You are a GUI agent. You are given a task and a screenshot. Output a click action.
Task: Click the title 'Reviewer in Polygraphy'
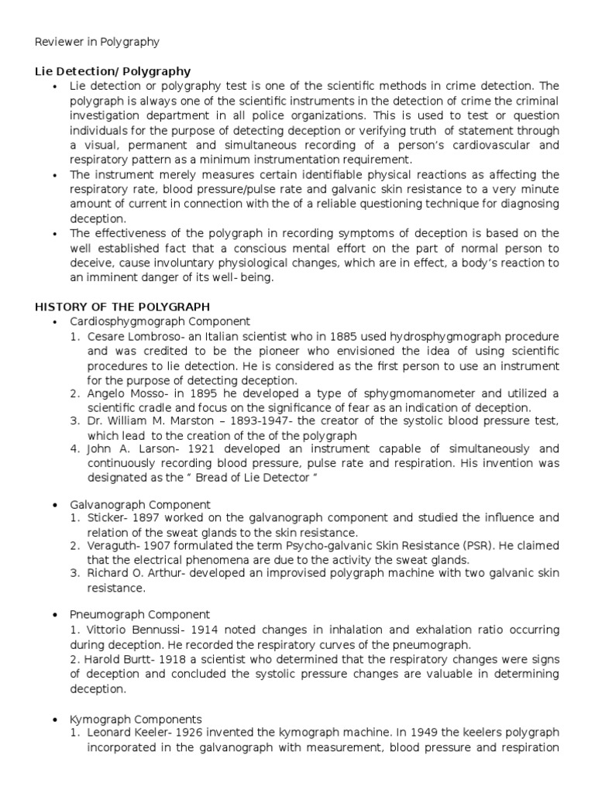[98, 42]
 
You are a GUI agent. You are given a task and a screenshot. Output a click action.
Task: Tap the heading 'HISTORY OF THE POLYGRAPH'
[122, 307]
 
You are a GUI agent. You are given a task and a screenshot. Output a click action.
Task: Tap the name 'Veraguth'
[113, 545]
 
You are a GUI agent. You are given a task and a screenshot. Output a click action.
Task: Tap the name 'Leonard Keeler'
[127, 733]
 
